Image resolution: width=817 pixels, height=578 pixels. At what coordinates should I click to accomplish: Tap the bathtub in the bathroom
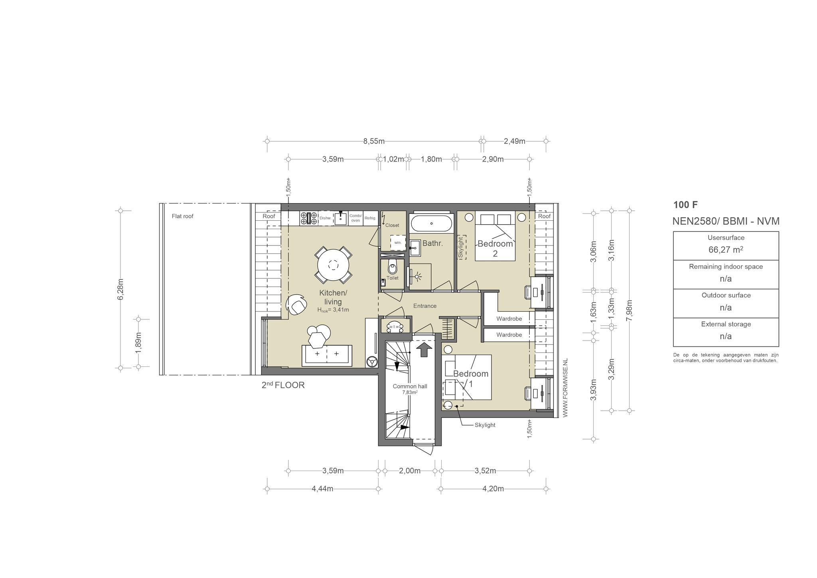(432, 224)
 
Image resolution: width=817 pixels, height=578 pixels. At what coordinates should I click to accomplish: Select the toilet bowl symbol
(393, 267)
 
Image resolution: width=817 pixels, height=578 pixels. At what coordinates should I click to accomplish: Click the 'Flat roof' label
(183, 216)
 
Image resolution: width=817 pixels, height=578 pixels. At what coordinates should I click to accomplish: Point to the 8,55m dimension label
(374, 141)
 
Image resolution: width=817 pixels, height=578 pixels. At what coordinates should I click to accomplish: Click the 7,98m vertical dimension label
(629, 310)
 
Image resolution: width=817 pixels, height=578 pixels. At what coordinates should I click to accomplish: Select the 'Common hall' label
(410, 386)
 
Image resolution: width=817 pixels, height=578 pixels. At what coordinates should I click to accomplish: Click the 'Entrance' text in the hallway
(425, 306)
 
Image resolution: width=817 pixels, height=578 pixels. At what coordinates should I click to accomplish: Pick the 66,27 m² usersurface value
(726, 250)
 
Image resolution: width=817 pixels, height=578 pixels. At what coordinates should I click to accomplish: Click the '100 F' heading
(685, 205)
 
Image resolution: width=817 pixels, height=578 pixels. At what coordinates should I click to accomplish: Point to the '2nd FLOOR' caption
(283, 385)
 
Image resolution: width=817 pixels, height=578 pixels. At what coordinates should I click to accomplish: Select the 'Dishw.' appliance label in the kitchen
(325, 218)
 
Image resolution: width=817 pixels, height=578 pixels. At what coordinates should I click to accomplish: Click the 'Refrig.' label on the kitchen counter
(370, 218)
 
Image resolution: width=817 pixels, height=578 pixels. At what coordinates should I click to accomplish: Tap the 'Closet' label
(392, 225)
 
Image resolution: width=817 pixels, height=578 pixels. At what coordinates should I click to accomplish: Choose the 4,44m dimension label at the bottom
(322, 489)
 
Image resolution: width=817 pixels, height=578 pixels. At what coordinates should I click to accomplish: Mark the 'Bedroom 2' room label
(495, 248)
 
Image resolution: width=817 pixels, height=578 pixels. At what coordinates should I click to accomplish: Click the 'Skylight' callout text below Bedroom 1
(485, 425)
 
